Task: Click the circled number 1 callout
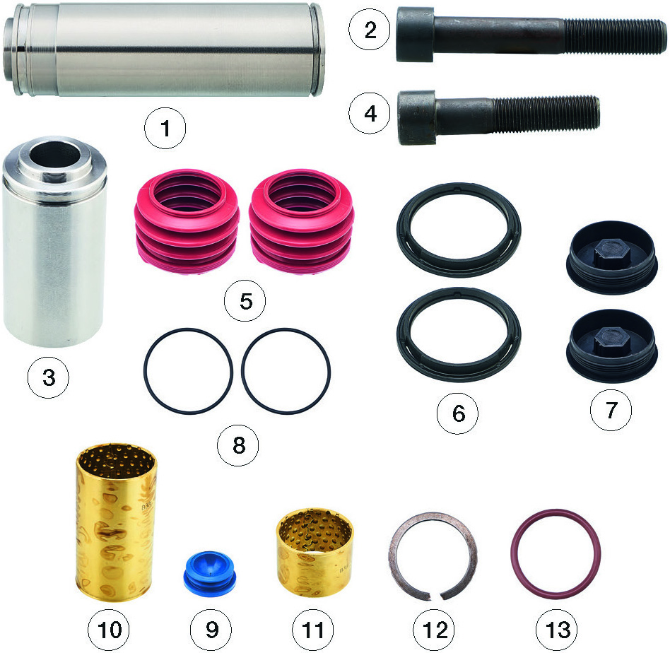tap(165, 128)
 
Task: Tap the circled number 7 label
tap(611, 410)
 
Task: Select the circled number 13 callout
tap(557, 630)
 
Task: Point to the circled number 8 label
tap(238, 445)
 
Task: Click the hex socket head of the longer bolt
tap(416, 34)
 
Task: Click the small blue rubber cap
tap(209, 571)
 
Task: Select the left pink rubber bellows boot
tap(187, 221)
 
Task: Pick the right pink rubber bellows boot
tap(302, 221)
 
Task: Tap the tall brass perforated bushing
tap(115, 522)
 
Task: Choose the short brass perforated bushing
tap(315, 552)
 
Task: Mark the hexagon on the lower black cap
tap(611, 341)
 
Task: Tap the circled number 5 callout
tap(245, 301)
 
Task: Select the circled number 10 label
tap(109, 630)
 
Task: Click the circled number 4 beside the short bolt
tap(370, 113)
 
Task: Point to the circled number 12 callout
tap(434, 630)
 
